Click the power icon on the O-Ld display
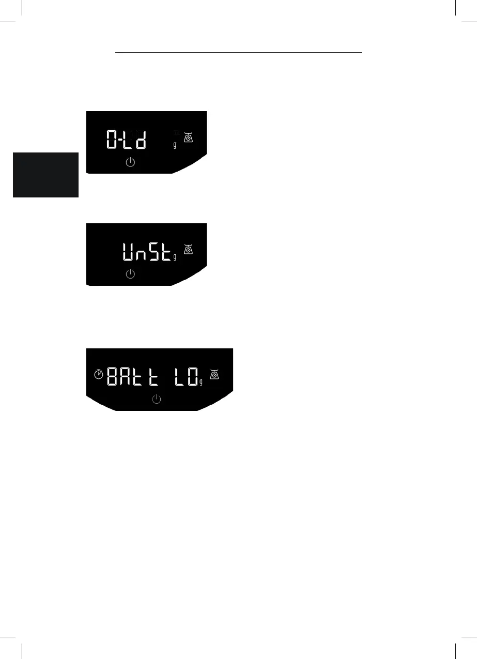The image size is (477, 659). tap(131, 163)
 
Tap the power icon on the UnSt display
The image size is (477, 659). tap(131, 274)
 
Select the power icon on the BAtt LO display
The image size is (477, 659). tap(157, 399)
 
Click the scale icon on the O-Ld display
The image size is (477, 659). tap(189, 137)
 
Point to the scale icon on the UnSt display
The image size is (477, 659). tap(189, 249)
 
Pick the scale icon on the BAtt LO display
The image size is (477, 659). tap(214, 374)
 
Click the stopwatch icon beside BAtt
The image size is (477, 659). tap(99, 375)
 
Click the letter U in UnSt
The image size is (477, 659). tap(129, 252)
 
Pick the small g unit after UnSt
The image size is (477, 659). tap(175, 257)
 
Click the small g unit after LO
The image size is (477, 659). tap(201, 382)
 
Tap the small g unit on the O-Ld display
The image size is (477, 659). tap(175, 145)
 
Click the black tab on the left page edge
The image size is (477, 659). tap(45, 175)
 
